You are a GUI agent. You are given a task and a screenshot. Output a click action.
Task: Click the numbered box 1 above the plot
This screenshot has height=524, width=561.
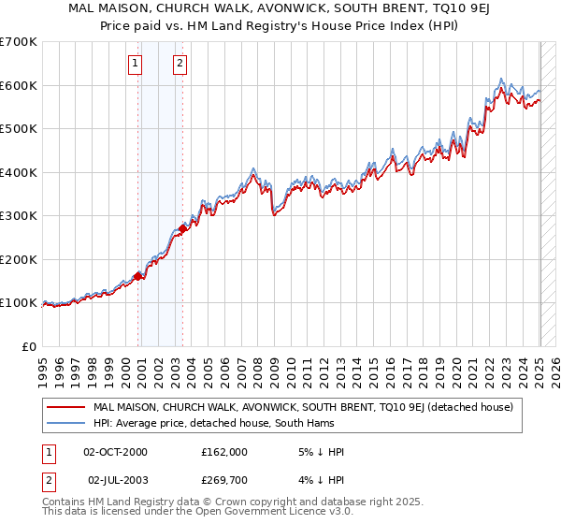[x=136, y=64]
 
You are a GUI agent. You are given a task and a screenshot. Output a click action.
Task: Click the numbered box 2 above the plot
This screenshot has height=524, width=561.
[x=179, y=64]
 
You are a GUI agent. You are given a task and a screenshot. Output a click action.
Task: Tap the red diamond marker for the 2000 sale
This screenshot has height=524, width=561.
[x=137, y=276]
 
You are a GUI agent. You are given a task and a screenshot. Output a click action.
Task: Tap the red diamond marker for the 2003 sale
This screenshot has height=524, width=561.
[x=182, y=228]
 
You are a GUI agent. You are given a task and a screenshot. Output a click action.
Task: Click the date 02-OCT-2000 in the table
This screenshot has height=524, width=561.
[x=115, y=452]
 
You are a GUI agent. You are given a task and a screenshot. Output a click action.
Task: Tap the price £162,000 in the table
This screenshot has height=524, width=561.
[x=224, y=452]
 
